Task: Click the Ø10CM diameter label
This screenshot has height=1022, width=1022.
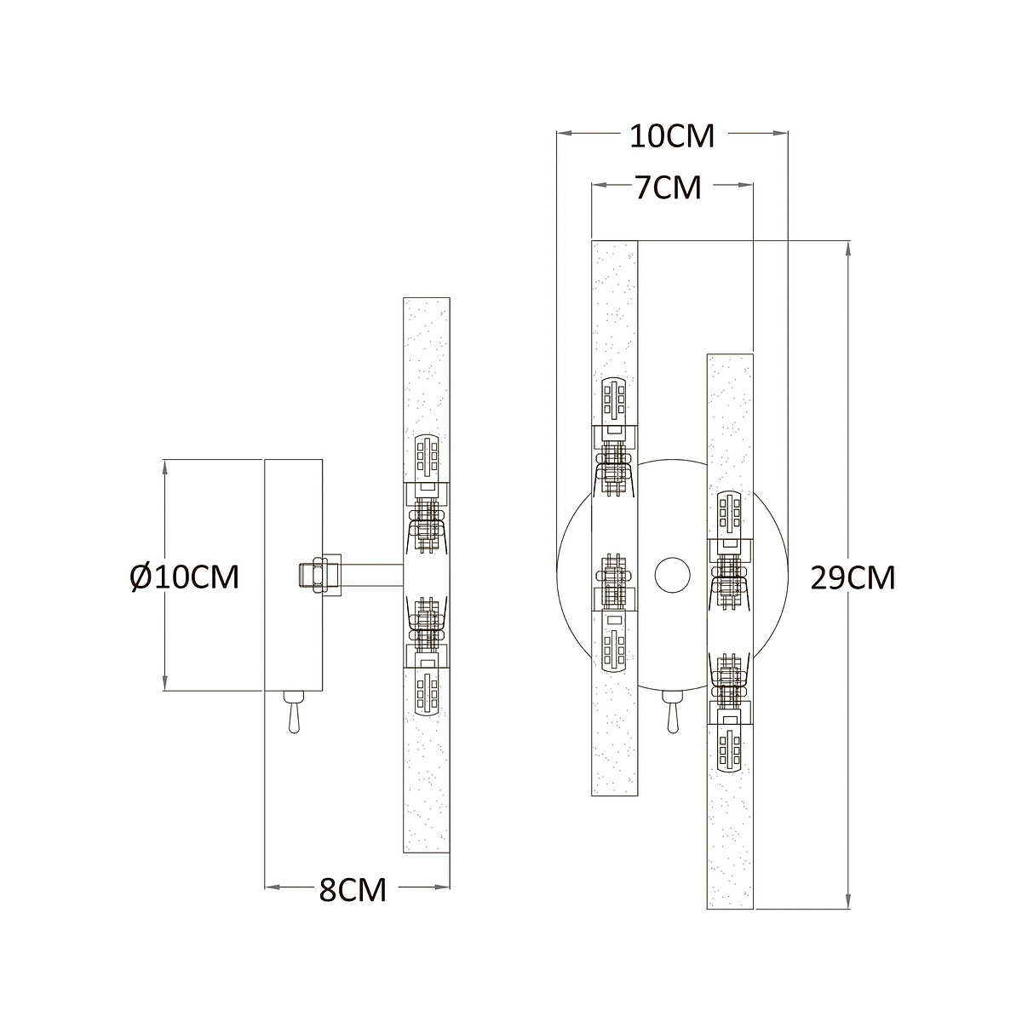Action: [x=185, y=577]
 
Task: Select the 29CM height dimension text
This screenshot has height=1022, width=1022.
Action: [x=853, y=577]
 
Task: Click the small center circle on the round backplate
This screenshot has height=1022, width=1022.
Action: [x=673, y=575]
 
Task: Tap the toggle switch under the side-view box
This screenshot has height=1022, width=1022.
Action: [x=294, y=712]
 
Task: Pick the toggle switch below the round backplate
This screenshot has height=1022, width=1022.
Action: [x=673, y=712]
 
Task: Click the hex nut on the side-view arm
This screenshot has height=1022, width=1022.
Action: [x=320, y=575]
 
